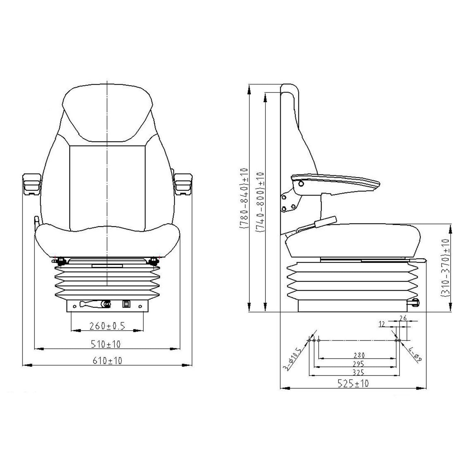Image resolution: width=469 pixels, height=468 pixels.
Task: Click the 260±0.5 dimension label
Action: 107,326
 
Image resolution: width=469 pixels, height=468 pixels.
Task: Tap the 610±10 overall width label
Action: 107,360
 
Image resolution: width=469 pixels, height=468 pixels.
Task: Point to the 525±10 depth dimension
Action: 353,383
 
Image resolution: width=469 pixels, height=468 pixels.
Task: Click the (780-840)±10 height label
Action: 244,198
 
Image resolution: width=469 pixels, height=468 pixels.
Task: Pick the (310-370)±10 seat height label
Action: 445,268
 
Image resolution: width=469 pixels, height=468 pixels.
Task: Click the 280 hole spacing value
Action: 357,355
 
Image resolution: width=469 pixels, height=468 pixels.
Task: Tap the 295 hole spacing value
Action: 357,364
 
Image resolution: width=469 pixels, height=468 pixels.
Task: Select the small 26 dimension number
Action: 403,318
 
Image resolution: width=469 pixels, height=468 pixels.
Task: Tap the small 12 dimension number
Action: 382,324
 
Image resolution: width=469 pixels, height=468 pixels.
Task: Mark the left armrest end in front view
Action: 31,184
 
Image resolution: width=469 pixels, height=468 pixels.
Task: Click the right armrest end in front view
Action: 183,184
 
